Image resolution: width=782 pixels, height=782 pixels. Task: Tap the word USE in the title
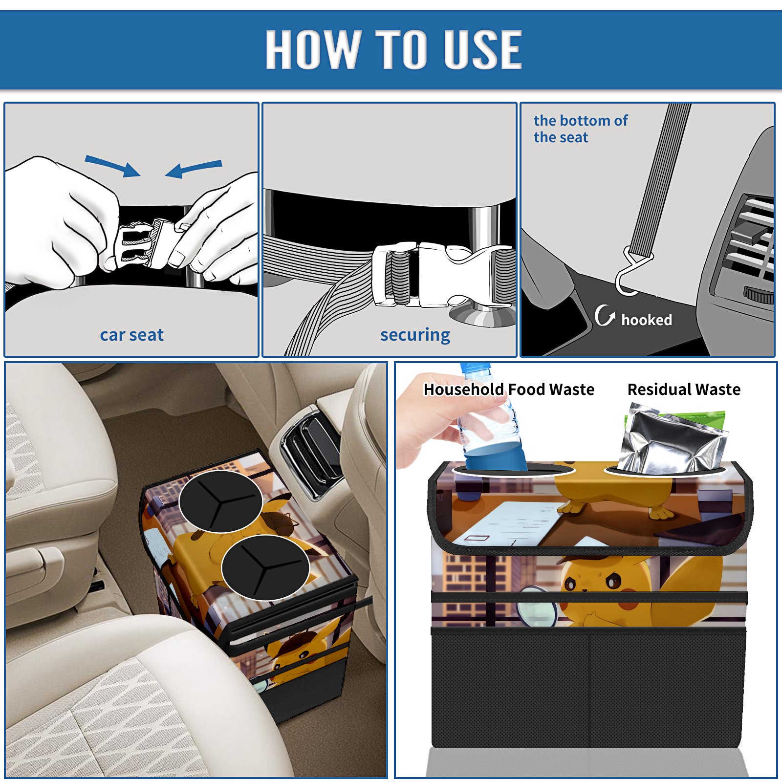click(483, 49)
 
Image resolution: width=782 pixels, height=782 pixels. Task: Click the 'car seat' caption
click(131, 335)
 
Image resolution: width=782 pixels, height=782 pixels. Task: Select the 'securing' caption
click(415, 335)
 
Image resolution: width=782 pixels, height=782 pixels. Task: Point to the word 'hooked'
click(647, 320)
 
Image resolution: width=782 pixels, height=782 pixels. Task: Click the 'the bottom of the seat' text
click(581, 129)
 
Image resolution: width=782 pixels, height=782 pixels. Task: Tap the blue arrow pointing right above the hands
click(112, 166)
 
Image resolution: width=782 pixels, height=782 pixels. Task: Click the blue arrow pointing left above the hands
click(194, 169)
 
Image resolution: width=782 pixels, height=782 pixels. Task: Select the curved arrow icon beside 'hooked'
click(605, 315)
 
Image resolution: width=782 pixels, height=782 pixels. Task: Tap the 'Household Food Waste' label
click(509, 389)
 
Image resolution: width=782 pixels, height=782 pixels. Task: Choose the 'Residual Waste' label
click(684, 389)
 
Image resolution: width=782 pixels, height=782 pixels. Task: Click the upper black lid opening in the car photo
click(220, 501)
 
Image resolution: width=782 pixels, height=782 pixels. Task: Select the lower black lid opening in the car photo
click(265, 567)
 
